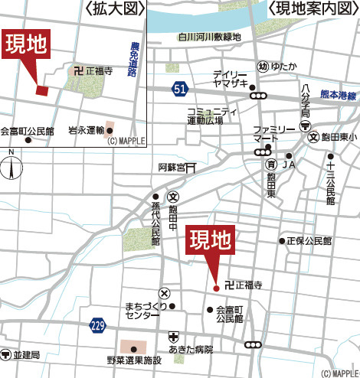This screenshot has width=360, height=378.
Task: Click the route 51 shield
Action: pos(179,90)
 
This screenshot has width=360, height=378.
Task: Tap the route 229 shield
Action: pos(97,324)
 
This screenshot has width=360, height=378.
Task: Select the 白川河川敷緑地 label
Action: pos(209,36)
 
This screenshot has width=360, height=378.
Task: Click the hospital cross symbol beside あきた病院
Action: pos(175,337)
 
